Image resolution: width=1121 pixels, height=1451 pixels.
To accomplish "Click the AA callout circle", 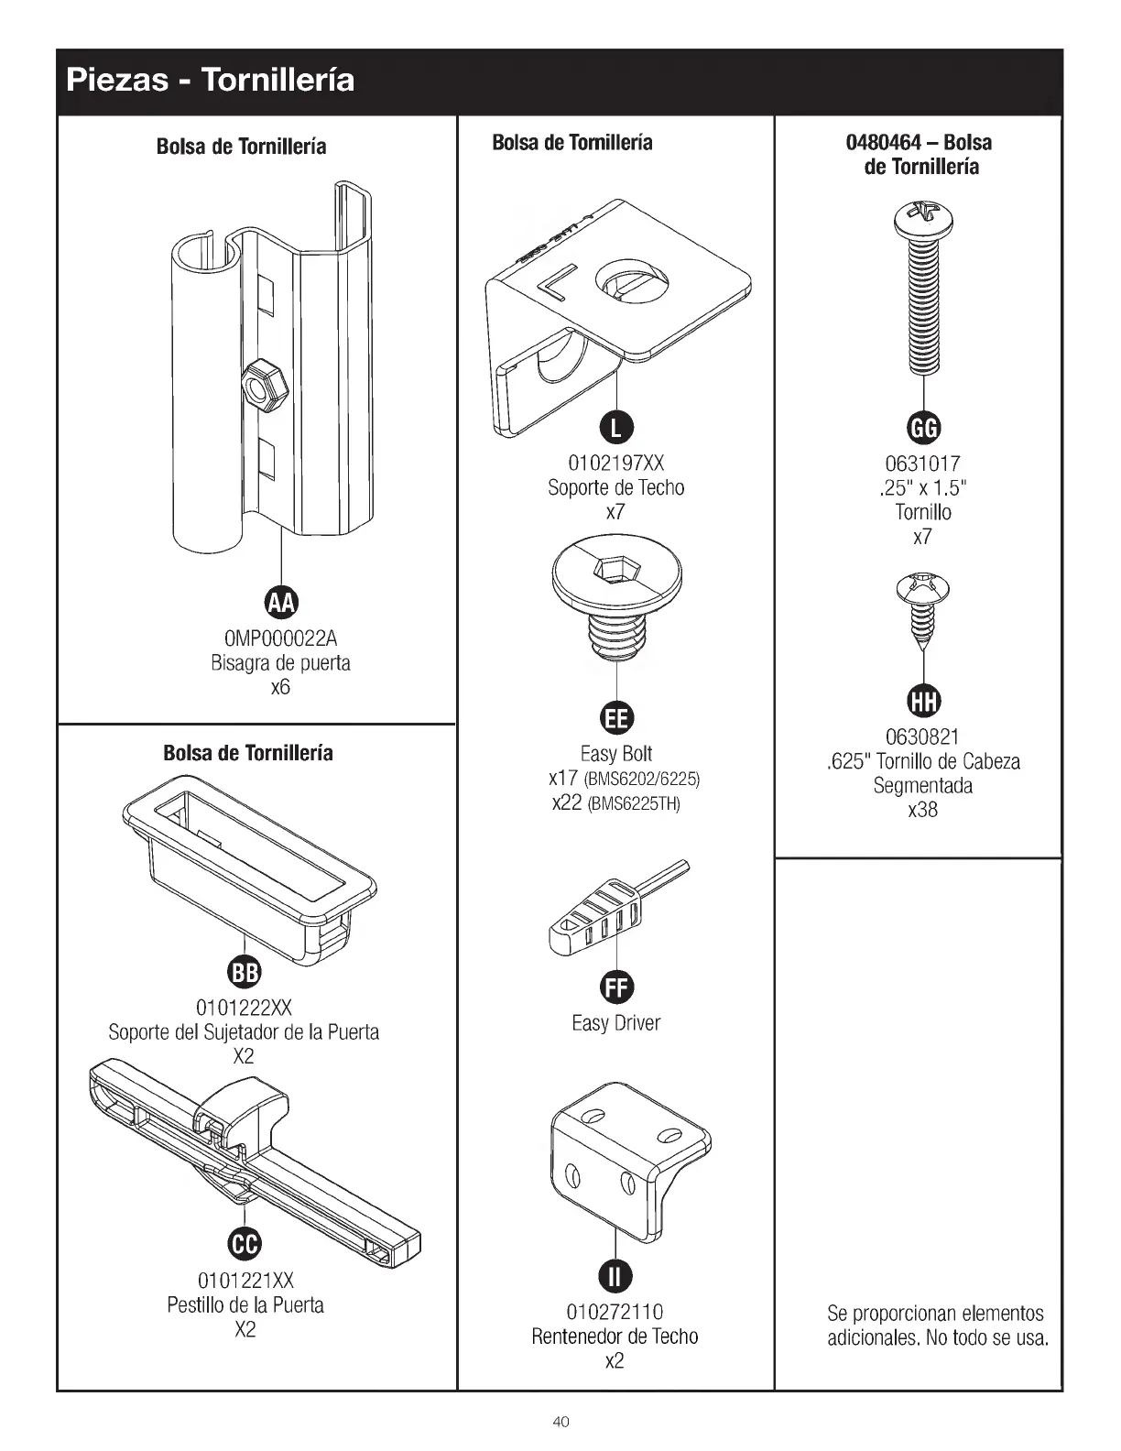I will point(281,603).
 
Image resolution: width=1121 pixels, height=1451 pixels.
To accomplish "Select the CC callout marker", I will point(245,1243).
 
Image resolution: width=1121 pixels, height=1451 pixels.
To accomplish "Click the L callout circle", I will point(615,428).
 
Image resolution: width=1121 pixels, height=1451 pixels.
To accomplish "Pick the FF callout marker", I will point(615,987).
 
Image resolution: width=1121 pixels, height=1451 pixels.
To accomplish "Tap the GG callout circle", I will point(922,428).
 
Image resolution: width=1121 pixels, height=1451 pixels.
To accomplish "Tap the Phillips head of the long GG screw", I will point(923,217).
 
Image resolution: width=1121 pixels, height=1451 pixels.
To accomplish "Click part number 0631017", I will point(922,464).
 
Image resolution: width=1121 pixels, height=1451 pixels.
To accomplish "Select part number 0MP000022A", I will point(280,638).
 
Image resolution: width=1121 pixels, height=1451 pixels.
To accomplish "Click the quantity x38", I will point(922,810).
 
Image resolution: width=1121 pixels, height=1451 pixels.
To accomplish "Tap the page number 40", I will point(560,1421).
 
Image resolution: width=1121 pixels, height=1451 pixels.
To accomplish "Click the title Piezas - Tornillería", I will point(210,81).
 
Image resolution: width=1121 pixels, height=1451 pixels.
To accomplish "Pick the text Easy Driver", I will point(615,1023).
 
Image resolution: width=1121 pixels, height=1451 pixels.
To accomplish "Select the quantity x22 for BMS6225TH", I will point(566,803).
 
